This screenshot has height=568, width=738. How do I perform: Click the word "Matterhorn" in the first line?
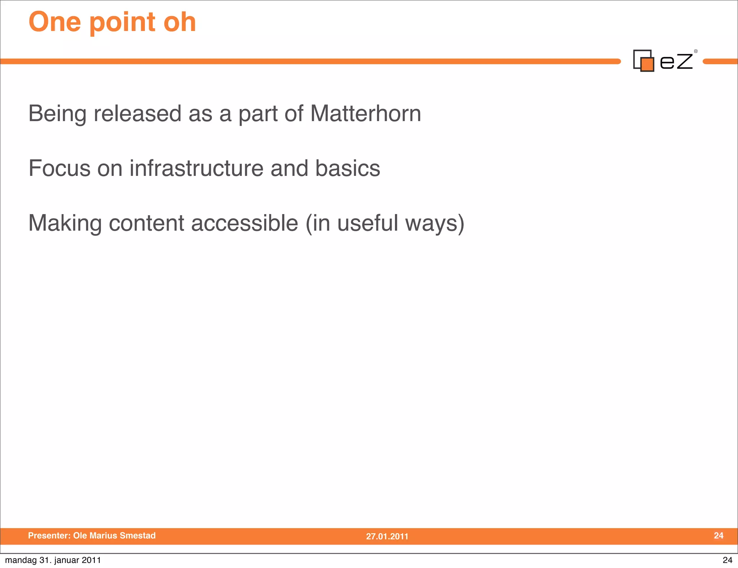(365, 114)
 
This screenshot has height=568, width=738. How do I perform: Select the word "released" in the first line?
(137, 114)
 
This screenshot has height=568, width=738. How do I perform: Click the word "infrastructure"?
(196, 168)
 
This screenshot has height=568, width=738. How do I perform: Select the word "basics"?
(347, 168)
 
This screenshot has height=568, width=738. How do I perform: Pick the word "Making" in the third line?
(65, 223)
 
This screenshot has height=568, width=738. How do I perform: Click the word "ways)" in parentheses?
(435, 223)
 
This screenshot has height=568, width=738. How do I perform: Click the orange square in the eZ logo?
(647, 64)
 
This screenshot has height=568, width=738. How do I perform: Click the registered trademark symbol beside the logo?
(696, 51)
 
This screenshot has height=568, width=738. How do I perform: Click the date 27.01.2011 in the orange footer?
(387, 536)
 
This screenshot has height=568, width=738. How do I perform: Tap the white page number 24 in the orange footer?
(719, 536)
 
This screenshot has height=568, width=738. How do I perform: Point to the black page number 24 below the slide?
(727, 560)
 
